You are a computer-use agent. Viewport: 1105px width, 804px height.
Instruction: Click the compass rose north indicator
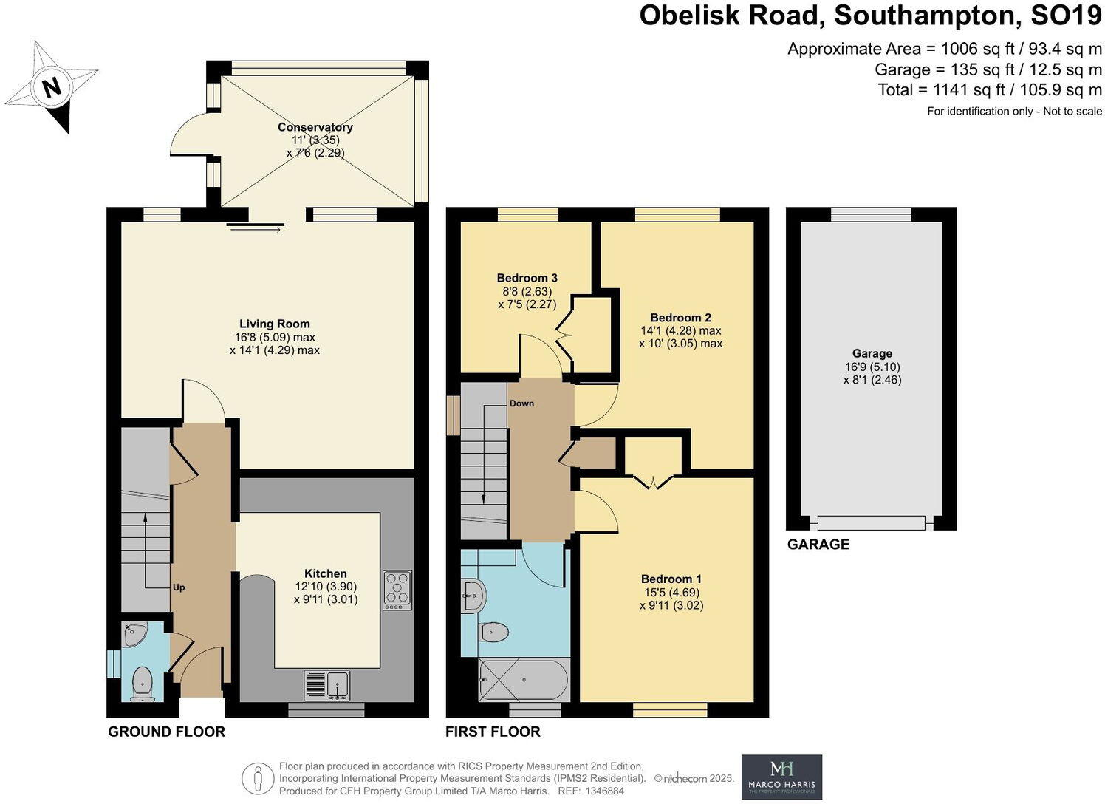tap(51, 87)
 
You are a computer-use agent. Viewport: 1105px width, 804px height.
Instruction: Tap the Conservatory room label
tap(315, 127)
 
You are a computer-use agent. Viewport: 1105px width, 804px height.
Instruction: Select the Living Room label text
tap(274, 324)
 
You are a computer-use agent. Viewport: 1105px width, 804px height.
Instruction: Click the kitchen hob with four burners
tap(397, 590)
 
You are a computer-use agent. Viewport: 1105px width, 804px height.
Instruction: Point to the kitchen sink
tap(327, 684)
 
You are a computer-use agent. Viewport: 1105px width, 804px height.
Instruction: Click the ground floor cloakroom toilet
tap(140, 683)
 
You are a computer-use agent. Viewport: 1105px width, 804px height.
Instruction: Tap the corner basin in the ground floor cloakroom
tap(135, 635)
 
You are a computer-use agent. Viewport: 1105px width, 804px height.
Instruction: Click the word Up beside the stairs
tap(179, 587)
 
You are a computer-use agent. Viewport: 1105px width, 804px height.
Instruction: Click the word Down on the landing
tap(521, 403)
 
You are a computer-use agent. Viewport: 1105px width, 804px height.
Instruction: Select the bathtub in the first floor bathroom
tap(524, 680)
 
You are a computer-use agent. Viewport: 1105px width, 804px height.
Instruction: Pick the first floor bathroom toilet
tap(493, 633)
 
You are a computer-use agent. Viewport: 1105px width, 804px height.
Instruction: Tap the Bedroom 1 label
tap(671, 579)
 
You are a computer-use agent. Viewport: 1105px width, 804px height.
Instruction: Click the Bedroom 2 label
tap(680, 318)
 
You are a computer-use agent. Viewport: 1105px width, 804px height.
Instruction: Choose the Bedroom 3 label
tap(527, 279)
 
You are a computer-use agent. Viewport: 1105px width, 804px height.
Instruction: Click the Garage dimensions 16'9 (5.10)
tap(872, 367)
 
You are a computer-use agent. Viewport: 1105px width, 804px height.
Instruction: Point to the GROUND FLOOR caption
tap(166, 732)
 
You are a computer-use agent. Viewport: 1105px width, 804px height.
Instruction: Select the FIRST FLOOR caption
tap(493, 732)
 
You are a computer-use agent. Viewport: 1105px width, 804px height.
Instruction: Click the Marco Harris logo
tap(781, 777)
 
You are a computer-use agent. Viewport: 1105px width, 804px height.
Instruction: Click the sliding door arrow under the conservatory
tap(256, 230)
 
